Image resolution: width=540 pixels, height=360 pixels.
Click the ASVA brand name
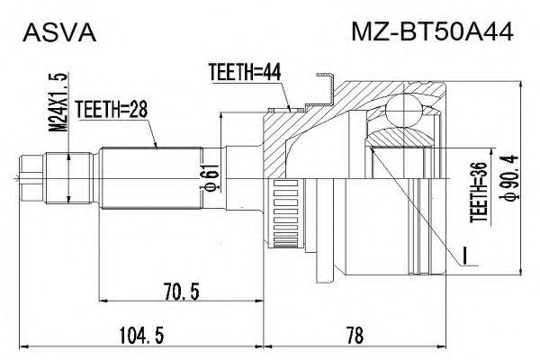coord(59,33)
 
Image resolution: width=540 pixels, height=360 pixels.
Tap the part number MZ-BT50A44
coord(432,32)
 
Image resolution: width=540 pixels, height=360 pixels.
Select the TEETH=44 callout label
coord(245,72)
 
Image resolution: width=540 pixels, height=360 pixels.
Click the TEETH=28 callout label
coord(112,109)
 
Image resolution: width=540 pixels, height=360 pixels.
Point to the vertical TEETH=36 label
coord(480,192)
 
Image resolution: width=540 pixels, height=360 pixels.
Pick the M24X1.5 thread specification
coord(58,103)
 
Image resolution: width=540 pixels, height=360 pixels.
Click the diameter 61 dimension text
coord(211,176)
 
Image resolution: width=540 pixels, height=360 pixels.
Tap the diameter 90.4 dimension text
coord(508,176)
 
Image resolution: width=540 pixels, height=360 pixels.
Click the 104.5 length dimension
coord(141,335)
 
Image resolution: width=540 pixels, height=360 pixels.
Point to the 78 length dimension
coord(355,335)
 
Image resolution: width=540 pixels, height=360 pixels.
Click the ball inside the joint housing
coord(403,111)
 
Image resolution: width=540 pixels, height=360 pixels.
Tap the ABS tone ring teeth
coord(285,214)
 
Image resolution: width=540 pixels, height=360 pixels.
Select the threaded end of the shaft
coord(69,178)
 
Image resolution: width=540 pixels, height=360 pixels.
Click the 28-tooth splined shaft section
coord(150,178)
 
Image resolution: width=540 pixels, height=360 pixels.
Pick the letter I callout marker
coord(464,256)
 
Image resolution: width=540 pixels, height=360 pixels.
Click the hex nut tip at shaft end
coord(31,178)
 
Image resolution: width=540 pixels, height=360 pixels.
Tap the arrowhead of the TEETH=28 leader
coord(156,146)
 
